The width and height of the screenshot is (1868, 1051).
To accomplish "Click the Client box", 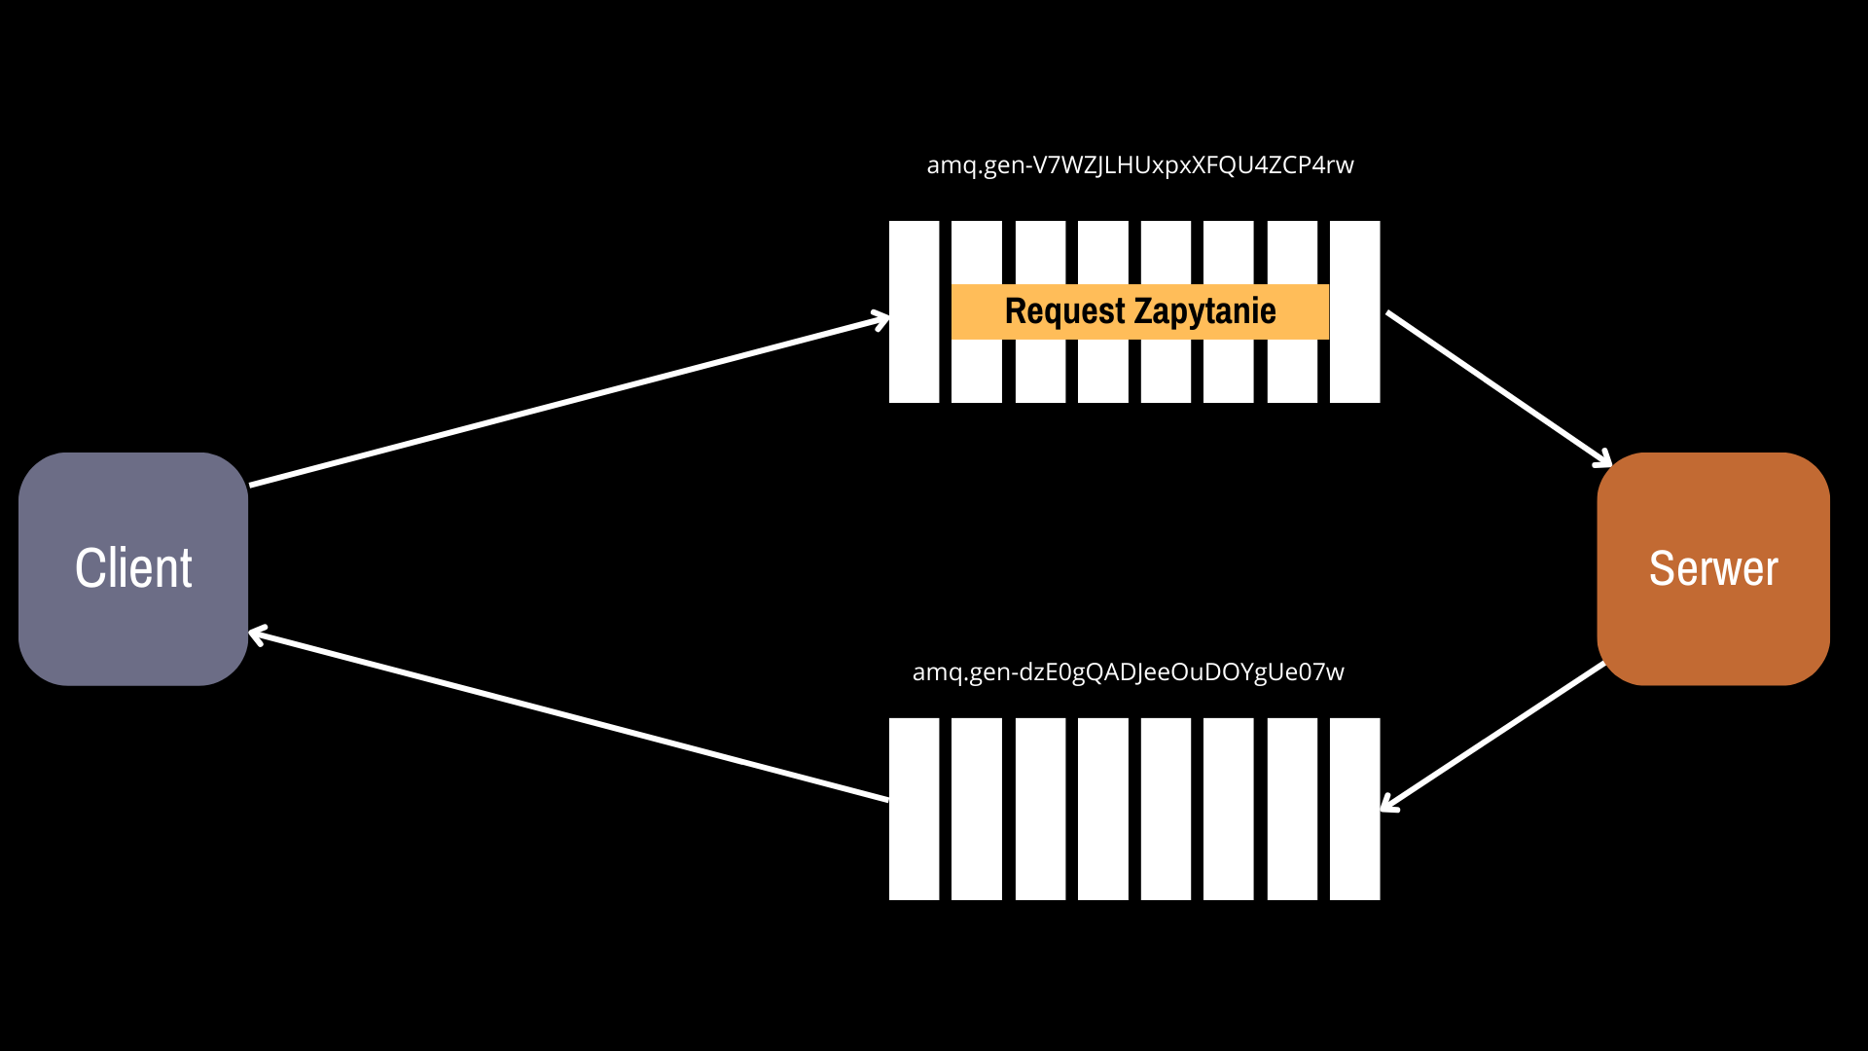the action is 133,568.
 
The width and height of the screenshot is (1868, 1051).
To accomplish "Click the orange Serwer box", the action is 1713,568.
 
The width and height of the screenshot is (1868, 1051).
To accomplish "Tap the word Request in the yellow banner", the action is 1065,311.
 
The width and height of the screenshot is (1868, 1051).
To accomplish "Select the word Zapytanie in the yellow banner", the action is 1205,312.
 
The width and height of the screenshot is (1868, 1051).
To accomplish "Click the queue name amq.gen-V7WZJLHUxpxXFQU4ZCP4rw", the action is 1140,165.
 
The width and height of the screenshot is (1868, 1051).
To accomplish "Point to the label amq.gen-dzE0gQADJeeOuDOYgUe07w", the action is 1129,672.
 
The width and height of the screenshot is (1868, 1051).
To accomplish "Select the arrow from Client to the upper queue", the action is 569,400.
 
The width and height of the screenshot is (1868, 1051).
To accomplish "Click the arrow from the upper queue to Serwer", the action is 1499,388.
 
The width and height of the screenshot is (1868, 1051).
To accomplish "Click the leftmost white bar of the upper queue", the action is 914,311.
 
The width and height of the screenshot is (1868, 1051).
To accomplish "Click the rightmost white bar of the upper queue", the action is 1354,311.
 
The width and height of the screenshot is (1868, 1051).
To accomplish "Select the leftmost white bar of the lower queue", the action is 914,809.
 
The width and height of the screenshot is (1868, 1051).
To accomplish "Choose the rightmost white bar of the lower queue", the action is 1354,809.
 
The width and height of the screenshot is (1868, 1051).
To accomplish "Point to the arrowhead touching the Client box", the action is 258,635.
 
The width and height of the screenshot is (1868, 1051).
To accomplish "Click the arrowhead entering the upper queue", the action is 880,319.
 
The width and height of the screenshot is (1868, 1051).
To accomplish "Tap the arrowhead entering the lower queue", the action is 1388,803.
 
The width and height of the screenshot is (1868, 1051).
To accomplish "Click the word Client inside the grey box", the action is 133,568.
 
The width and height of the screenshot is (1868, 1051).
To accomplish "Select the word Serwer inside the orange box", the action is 1713,568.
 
